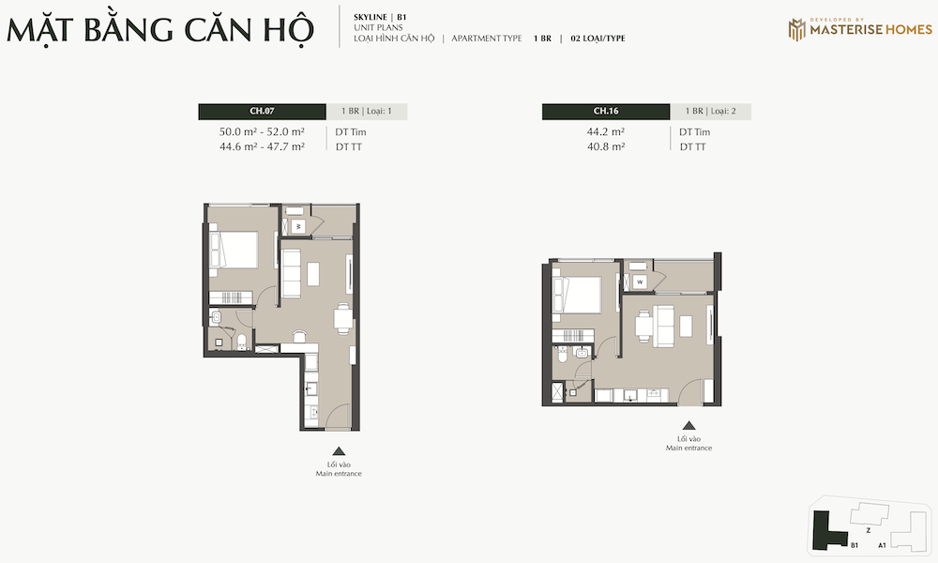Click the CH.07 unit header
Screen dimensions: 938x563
click(x=262, y=112)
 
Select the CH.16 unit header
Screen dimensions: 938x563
click(x=606, y=112)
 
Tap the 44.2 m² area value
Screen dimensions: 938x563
click(x=606, y=131)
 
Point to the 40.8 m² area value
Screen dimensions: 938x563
click(x=606, y=146)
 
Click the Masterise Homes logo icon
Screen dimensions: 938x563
click(x=796, y=29)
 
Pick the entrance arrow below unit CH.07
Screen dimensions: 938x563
click(x=339, y=451)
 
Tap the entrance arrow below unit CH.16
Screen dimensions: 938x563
click(x=689, y=425)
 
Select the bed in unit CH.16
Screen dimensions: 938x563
click(x=577, y=295)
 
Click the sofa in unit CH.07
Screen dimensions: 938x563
click(x=291, y=273)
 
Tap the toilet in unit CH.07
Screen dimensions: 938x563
click(x=242, y=342)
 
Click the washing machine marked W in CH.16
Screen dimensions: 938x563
click(x=640, y=281)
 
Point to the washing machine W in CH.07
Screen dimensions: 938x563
click(x=298, y=226)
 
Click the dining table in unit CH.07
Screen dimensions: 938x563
click(x=342, y=318)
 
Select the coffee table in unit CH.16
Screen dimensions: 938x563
click(x=686, y=327)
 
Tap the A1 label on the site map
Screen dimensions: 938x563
click(x=882, y=546)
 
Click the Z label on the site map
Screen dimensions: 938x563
click(x=868, y=531)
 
